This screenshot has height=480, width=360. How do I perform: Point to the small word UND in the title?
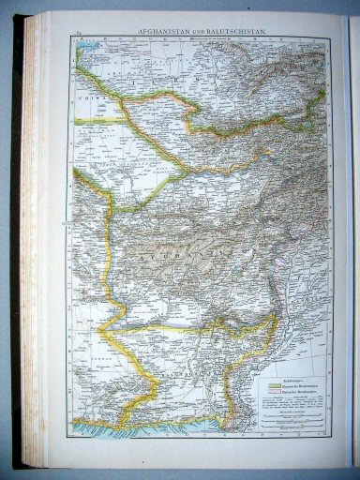pos(202,33)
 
